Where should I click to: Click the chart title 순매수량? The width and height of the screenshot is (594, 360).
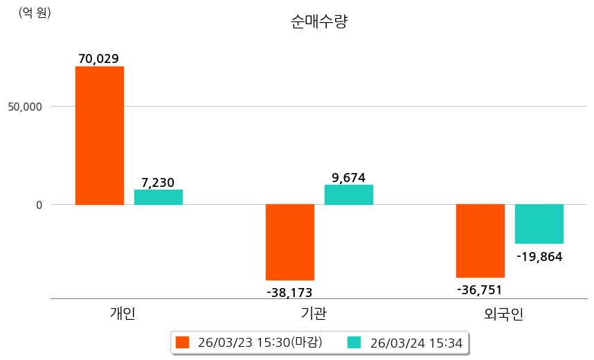pos(319,22)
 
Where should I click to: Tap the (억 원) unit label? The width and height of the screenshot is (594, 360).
pos(35,12)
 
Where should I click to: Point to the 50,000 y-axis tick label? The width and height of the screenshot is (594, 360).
pos(25,107)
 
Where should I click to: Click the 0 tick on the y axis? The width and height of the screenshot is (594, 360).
pos(39,205)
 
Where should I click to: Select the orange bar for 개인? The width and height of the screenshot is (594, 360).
pos(100,136)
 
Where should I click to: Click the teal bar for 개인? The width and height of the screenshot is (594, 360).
pos(159,197)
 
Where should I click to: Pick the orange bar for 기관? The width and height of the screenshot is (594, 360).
pos(290,242)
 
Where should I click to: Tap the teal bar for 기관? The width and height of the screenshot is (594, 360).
pos(349,195)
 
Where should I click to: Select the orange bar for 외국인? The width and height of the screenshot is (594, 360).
pos(480,241)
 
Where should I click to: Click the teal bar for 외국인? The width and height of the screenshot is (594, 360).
pos(539,224)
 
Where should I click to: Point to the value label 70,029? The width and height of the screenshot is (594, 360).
pos(100,59)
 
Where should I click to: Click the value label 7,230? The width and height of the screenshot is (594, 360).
pos(158,183)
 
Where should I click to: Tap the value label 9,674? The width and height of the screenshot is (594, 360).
pos(348,178)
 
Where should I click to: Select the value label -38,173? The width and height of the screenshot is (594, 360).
pos(289,293)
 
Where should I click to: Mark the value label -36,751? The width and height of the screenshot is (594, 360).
pos(480,289)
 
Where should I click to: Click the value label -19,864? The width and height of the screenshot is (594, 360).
pos(539,257)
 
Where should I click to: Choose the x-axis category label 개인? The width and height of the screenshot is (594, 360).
pos(123,314)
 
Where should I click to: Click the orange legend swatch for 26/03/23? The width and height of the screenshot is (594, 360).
pos(183,342)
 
